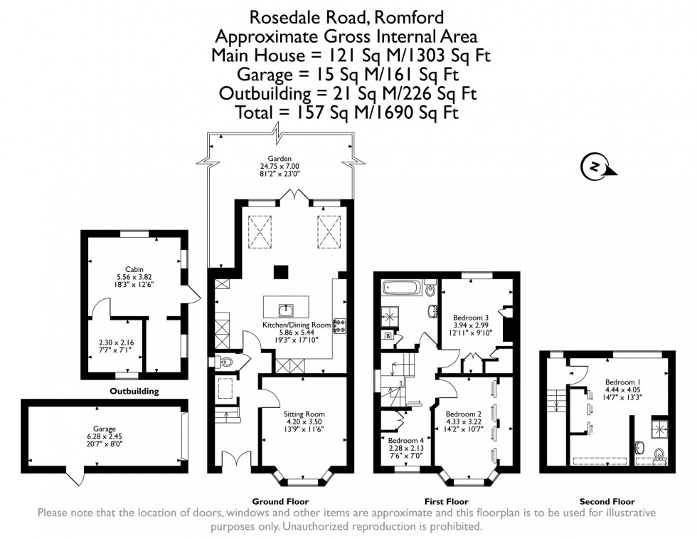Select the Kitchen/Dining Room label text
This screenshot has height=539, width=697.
(x=296, y=325)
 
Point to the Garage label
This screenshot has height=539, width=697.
(x=104, y=429)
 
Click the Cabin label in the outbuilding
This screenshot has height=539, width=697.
(x=134, y=269)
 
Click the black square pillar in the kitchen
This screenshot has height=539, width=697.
(x=281, y=271)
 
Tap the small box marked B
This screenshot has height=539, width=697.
(x=388, y=335)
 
